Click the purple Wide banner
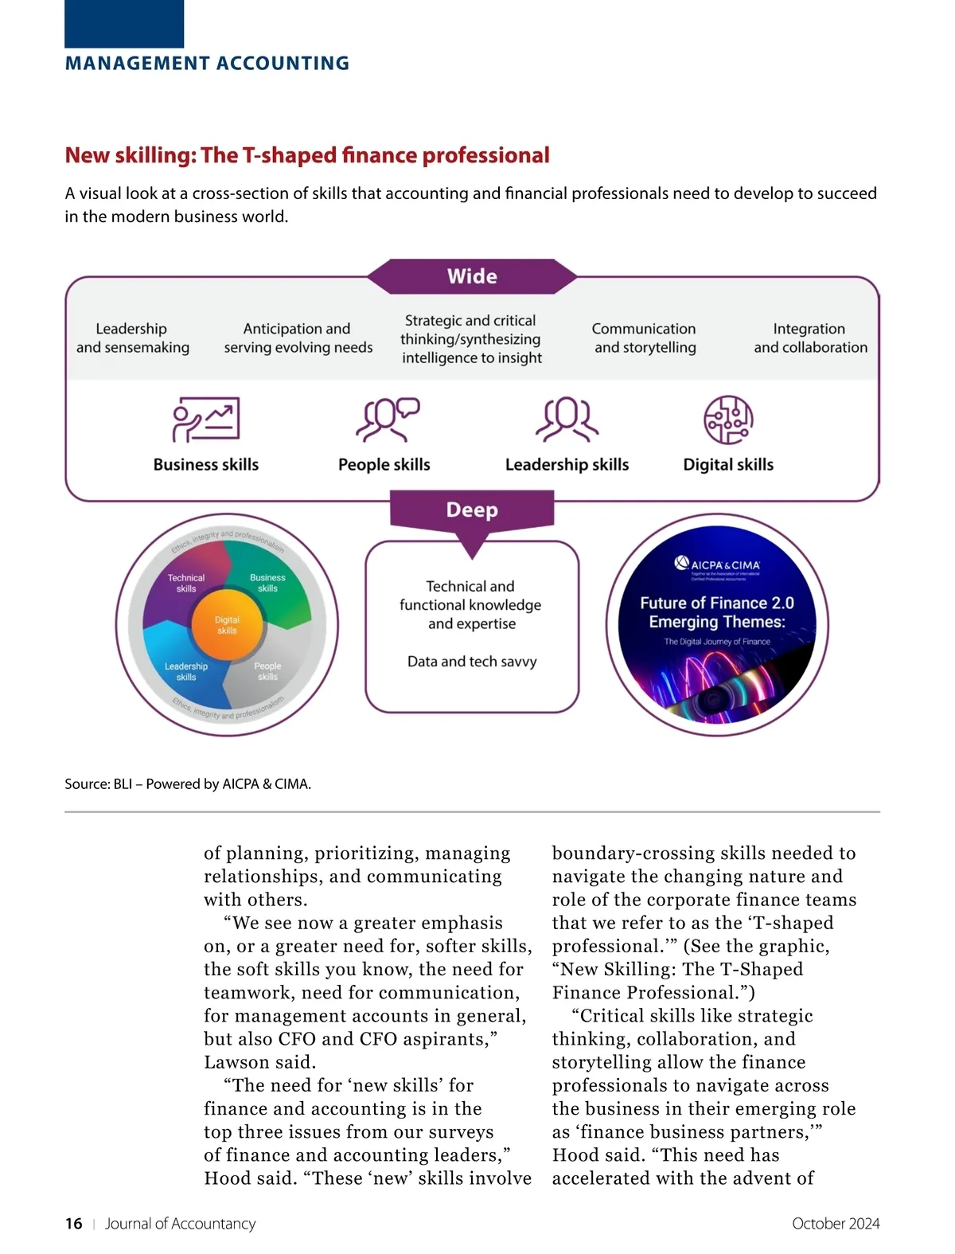[472, 276]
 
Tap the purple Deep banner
[472, 510]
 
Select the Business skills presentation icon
[206, 419]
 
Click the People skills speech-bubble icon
[387, 419]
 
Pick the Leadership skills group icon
[567, 419]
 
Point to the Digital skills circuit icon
[728, 420]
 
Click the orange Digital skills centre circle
[227, 625]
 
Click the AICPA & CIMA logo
[717, 564]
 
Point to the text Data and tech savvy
[472, 662]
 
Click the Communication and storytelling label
[645, 338]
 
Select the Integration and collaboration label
[810, 338]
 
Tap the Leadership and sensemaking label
[132, 338]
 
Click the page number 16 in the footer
[73, 1224]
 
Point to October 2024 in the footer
[836, 1224]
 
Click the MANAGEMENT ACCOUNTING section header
[207, 64]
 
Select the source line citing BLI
[188, 784]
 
